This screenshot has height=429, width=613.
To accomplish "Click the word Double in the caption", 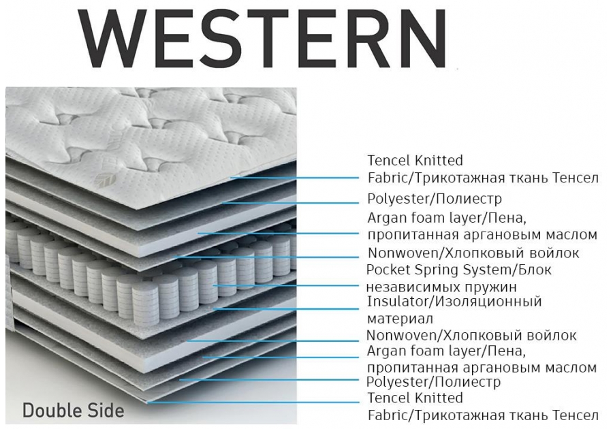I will click(x=51, y=411).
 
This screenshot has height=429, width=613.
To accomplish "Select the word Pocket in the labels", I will click(x=389, y=270).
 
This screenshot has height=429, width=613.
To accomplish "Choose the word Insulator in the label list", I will click(x=396, y=301).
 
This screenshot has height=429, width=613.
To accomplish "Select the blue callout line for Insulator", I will click(x=286, y=308).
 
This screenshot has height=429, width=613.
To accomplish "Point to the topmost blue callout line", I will click(x=293, y=177).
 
